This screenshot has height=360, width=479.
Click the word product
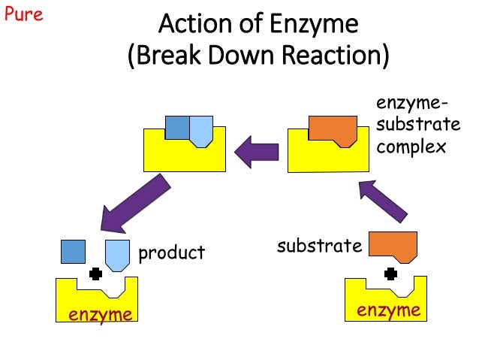click(x=171, y=253)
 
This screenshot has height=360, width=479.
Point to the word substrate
click(x=320, y=245)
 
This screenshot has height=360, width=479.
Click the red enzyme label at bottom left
click(x=101, y=314)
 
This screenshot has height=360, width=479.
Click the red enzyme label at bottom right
click(x=387, y=310)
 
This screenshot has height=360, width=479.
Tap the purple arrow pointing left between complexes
click(x=256, y=153)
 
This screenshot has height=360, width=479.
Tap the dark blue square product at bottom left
click(x=72, y=251)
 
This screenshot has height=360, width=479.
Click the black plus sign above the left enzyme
click(x=95, y=274)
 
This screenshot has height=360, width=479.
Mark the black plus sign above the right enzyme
click(x=390, y=273)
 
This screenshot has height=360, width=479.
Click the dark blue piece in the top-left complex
click(x=177, y=128)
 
